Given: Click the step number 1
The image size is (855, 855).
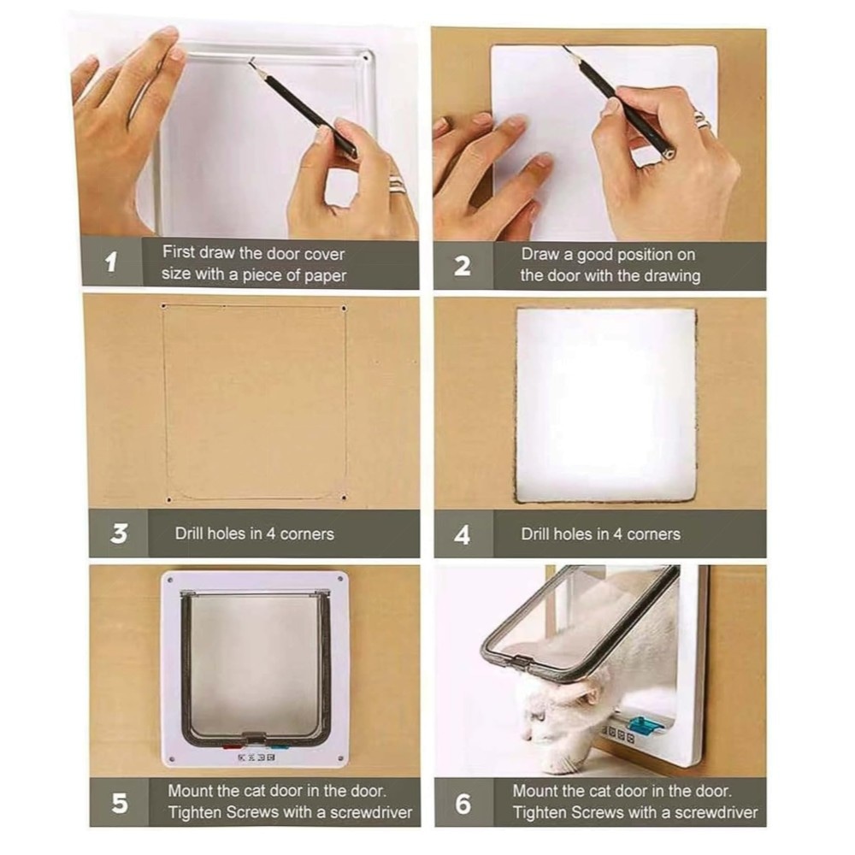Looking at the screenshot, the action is (111, 262).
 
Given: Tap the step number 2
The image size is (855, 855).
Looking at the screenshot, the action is (462, 266).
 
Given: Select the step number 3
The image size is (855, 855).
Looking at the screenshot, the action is (119, 533).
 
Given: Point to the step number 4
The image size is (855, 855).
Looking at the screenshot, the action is (462, 534).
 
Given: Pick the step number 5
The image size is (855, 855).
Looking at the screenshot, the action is (120, 803).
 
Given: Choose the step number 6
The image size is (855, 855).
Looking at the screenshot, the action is (463, 804).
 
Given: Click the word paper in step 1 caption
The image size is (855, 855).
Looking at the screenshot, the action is (325, 276).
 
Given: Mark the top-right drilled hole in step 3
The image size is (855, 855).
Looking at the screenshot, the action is (344, 309).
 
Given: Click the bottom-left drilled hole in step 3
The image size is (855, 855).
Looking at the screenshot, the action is (168, 499).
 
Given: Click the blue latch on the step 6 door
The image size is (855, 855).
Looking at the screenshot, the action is (645, 725).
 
